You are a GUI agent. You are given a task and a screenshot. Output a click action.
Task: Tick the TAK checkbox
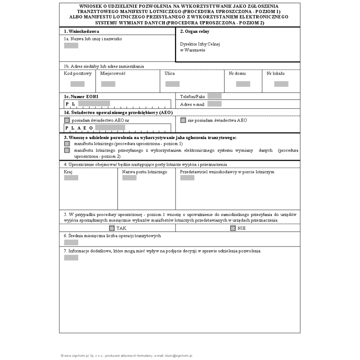coord(112,228)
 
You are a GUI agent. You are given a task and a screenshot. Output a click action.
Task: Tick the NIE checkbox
coord(233,228)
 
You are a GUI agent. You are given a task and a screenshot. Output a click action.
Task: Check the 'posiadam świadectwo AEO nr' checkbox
coord(67,121)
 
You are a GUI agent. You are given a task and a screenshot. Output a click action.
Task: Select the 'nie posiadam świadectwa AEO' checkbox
coord(183,121)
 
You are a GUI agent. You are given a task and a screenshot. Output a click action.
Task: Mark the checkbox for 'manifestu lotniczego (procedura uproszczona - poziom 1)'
coord(67,143)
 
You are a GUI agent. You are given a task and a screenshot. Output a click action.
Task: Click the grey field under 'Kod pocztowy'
coord(77,84)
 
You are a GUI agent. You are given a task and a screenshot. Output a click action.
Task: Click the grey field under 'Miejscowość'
coord(108,84)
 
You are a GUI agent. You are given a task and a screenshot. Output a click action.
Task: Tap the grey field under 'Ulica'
coord(172,84)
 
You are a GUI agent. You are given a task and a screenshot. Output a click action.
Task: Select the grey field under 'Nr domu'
coord(243,84)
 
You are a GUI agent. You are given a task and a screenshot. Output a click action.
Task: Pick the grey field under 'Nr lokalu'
coord(281,84)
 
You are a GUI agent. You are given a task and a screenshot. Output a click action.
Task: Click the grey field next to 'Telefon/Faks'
coord(215,96)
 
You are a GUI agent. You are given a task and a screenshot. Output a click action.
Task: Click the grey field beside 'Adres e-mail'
coord(215,104)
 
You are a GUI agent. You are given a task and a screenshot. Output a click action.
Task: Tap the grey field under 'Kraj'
coord(71,178)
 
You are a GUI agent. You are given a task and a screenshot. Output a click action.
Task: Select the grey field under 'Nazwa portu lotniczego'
coord(130,178)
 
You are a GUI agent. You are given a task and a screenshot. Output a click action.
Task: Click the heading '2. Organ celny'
coord(194,32)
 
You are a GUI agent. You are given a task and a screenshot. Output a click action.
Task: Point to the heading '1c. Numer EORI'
coord(81,97)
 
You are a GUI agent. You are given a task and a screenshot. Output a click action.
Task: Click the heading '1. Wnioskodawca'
coord(81,31)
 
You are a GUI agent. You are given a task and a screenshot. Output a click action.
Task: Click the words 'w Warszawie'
coord(193,50)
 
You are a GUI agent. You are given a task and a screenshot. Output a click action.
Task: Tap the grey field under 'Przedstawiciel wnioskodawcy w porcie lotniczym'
coord(187,178)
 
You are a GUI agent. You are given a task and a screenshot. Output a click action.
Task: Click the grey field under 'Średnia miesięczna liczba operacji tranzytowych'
coord(71,242)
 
